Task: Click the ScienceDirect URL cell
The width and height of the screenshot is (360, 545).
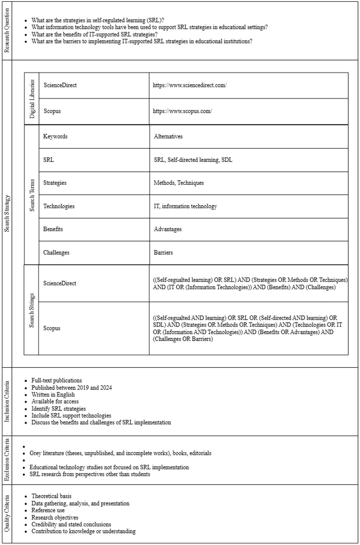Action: point(190,85)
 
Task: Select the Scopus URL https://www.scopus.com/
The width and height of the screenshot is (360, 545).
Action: point(183,111)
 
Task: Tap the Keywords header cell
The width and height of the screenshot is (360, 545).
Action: point(55,136)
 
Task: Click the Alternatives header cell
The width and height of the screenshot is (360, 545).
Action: point(168,136)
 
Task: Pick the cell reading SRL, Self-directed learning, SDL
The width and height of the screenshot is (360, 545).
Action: point(193,160)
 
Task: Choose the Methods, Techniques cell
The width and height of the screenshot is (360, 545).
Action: point(179,183)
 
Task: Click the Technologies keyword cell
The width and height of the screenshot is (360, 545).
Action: point(59,206)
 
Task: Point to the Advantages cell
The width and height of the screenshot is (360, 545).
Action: point(168,229)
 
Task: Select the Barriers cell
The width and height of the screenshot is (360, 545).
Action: point(163,253)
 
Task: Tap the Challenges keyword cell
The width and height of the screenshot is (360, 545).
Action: point(56,253)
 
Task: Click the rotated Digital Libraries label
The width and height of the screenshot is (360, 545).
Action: point(32,99)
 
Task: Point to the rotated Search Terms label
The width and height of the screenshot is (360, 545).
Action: point(32,195)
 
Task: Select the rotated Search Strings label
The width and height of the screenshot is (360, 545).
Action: point(32,310)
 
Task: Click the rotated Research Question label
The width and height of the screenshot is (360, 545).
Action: point(7,30)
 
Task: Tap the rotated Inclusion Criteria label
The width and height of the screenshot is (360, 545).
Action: point(7,401)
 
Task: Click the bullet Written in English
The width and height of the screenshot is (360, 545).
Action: point(53,395)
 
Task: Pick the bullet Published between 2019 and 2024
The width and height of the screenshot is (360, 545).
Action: point(72,388)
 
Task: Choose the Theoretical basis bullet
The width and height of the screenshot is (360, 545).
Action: point(51,496)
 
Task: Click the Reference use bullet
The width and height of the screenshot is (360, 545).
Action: point(48,510)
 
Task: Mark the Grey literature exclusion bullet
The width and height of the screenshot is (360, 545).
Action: point(120,453)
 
